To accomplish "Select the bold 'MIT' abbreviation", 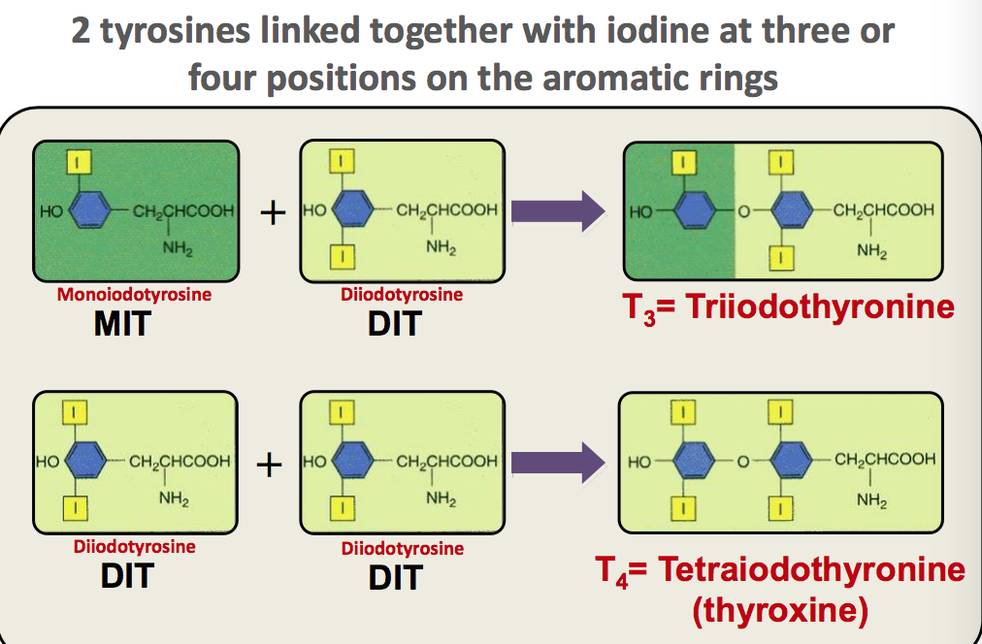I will tap(121, 323).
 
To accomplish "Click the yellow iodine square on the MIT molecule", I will tap(80, 160).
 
